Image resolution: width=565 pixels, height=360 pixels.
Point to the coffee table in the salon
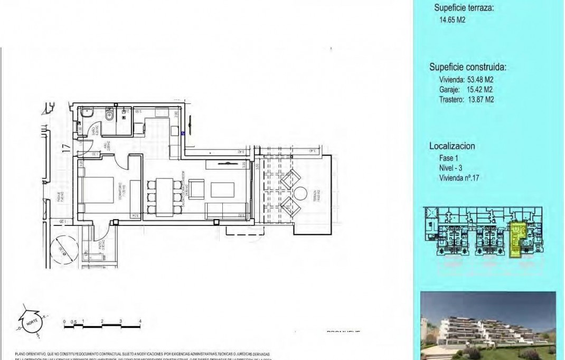click(220, 189)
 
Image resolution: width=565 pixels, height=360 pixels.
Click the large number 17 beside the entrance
click(65, 149)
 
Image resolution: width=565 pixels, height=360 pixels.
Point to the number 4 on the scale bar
click(140, 321)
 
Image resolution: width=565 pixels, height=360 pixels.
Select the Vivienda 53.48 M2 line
click(466, 80)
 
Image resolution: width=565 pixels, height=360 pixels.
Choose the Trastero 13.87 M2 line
click(466, 99)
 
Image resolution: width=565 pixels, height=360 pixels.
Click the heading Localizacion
click(452, 146)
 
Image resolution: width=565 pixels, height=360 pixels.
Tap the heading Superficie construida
click(468, 67)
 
